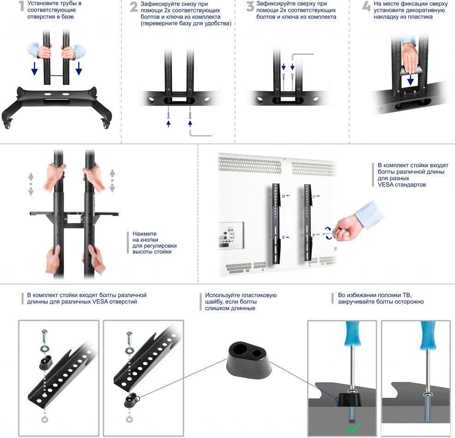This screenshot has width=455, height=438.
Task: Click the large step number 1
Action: [x=21, y=6]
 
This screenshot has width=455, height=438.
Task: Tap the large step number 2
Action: [x=133, y=7]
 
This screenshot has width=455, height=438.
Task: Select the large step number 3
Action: [x=250, y=6]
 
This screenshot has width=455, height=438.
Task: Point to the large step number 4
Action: [x=366, y=6]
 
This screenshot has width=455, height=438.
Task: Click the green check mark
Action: [x=354, y=427]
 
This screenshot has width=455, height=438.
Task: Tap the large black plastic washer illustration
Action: [x=249, y=358]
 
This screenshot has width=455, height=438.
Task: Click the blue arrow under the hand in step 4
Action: [x=410, y=80]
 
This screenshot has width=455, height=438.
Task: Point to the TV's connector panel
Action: [x=231, y=235]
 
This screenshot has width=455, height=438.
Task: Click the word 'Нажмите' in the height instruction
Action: [x=144, y=234]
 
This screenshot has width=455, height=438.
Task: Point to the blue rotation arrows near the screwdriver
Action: [x=329, y=233]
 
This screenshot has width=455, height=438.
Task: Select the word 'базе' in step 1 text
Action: [x=67, y=17]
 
